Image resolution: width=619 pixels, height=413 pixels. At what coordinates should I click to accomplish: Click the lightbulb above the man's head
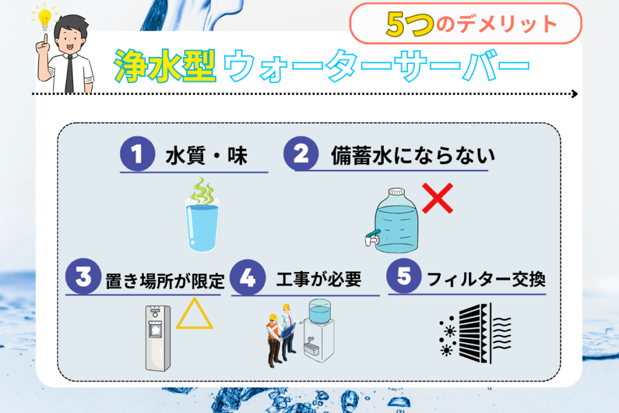tap(45, 18)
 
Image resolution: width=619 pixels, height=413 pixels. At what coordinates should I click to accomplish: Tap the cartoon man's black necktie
tap(70, 74)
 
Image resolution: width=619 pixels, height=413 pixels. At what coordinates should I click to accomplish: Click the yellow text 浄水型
tap(164, 66)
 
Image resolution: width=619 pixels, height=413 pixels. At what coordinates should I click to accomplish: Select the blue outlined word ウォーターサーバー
tap(376, 65)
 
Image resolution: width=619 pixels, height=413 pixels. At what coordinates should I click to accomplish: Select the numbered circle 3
tap(83, 276)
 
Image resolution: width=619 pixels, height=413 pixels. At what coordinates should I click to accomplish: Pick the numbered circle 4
tap(247, 277)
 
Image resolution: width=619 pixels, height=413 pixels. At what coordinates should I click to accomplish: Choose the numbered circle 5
tap(404, 276)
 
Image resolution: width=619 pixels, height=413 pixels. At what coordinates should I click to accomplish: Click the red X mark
tap(438, 198)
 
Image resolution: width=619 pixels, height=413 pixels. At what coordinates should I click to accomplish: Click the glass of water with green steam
tap(202, 215)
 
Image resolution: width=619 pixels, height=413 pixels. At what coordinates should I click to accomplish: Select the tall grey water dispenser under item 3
tap(158, 339)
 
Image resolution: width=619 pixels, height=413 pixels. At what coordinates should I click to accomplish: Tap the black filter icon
tap(476, 333)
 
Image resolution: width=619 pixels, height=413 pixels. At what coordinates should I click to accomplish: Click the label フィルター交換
tap(487, 279)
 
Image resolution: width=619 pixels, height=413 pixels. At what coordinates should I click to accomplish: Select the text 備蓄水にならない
tap(413, 155)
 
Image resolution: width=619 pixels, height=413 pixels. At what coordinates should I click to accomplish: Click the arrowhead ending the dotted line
tap(575, 94)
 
